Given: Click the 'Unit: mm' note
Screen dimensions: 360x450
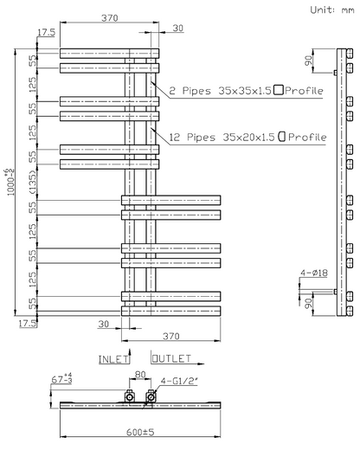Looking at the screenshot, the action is coord(332,10).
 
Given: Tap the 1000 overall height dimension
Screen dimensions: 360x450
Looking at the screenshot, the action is coord(11,183).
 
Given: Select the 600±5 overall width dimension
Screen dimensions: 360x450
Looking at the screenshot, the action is coord(140,432).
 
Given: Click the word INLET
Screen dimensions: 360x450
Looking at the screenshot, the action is coord(113,359).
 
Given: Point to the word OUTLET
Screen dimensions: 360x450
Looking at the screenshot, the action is coord(171,359).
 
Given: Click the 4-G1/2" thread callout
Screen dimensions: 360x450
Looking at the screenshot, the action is coord(179,381).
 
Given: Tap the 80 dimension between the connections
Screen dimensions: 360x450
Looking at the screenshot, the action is coord(140,375).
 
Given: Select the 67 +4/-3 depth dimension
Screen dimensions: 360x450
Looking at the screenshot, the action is coord(61,378).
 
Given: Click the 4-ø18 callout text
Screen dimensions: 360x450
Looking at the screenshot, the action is coord(314,273).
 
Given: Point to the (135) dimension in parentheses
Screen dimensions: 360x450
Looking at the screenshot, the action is coord(33,183).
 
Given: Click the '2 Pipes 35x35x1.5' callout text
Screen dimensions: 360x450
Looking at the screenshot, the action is coord(220,91).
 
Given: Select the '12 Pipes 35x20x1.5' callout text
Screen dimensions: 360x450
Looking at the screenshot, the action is coord(222,137).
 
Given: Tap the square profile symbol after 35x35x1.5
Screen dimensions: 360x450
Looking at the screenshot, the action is coord(279,90).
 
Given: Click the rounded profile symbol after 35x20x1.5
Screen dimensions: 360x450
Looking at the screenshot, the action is coord(282,136).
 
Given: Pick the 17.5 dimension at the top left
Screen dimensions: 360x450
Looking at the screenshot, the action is coord(46,32).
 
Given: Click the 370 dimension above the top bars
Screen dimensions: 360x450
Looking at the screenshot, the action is coord(110,18).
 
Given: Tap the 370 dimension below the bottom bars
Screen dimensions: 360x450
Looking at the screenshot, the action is coord(171,336).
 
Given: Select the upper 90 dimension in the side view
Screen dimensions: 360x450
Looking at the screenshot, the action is coord(309,61).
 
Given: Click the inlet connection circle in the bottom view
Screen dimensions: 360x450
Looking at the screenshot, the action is coord(130,397).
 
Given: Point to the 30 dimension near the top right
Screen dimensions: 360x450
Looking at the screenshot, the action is coord(178,28).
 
